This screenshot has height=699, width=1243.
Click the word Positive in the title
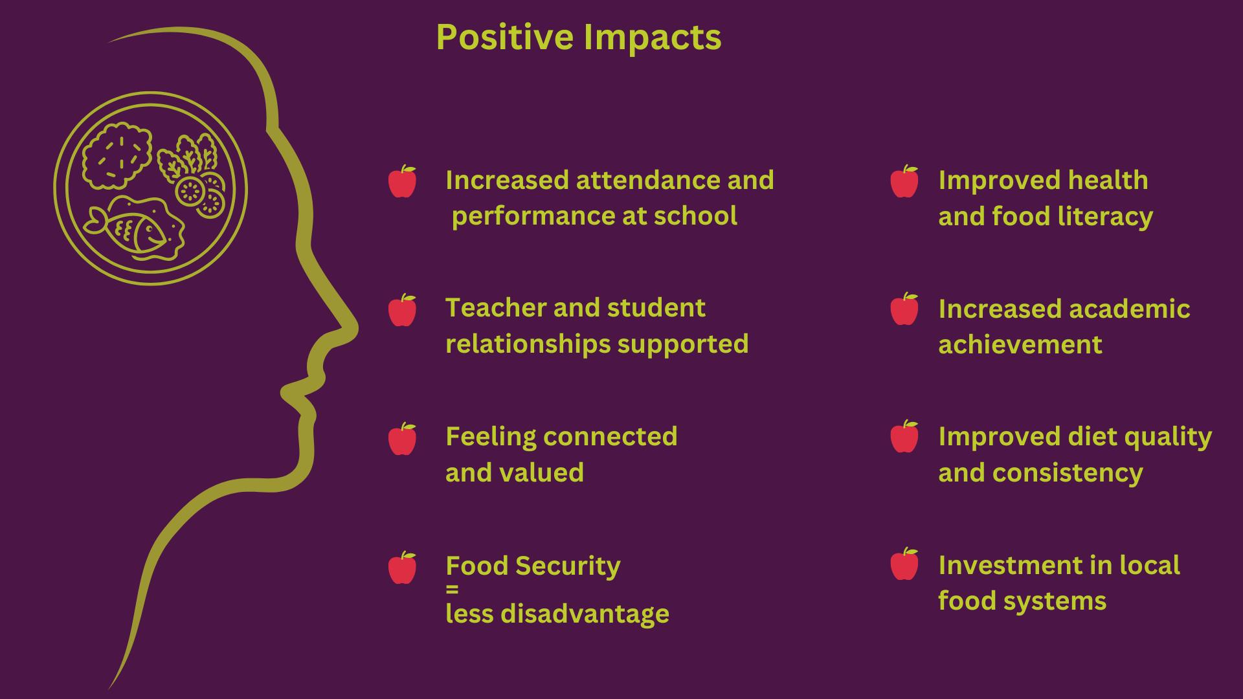click(x=505, y=38)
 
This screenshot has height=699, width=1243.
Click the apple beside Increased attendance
click(x=402, y=181)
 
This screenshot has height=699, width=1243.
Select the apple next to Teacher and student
click(x=402, y=310)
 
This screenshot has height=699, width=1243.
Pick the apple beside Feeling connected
click(x=402, y=439)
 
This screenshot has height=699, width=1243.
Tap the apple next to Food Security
click(x=402, y=568)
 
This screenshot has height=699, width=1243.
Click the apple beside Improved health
click(x=904, y=181)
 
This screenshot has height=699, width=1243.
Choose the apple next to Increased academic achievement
click(x=904, y=309)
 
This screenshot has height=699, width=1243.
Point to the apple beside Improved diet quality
click(x=904, y=436)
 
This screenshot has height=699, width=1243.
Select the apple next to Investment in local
click(x=904, y=564)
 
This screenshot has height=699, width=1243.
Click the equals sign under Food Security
click(x=452, y=590)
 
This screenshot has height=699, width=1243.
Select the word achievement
click(x=1020, y=344)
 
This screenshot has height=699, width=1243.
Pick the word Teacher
click(x=486, y=308)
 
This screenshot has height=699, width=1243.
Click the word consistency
click(x=1068, y=474)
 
